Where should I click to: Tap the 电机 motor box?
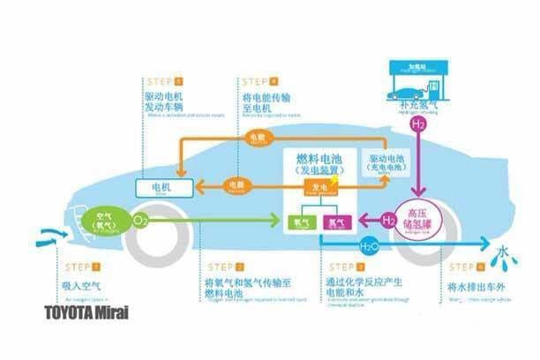click(x=161, y=188)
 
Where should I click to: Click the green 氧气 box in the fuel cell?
click(x=302, y=221)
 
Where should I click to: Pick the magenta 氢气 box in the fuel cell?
click(x=337, y=221)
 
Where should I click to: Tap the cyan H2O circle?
click(x=368, y=244)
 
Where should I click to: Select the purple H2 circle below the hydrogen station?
click(x=419, y=125)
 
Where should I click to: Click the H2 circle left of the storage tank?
click(x=386, y=218)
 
